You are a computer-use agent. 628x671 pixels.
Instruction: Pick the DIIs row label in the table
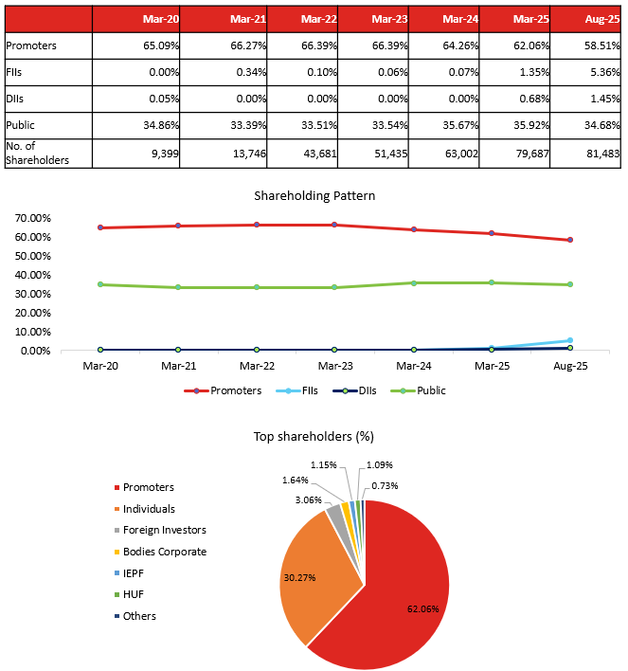[16, 99]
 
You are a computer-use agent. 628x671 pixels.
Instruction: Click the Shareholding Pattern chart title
[314, 196]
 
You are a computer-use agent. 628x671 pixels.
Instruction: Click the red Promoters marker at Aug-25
[570, 240]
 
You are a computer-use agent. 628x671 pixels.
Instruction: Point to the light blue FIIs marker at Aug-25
[570, 340]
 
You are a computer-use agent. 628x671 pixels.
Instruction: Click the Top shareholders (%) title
[314, 437]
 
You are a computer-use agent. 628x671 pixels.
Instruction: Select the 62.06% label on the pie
[421, 608]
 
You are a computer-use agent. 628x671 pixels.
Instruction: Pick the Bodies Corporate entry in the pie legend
[164, 552]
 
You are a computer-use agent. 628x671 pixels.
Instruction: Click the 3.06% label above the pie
[309, 499]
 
